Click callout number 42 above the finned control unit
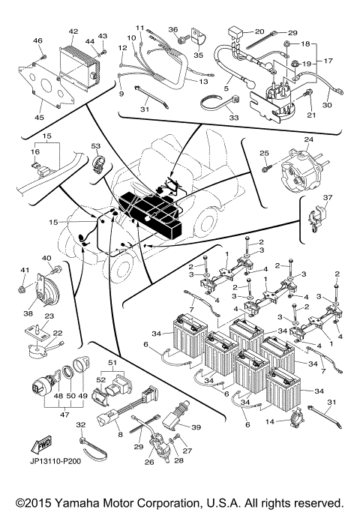point(73,31)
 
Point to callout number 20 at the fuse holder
point(259,31)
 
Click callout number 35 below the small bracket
point(198,54)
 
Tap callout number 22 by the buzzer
point(58,333)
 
